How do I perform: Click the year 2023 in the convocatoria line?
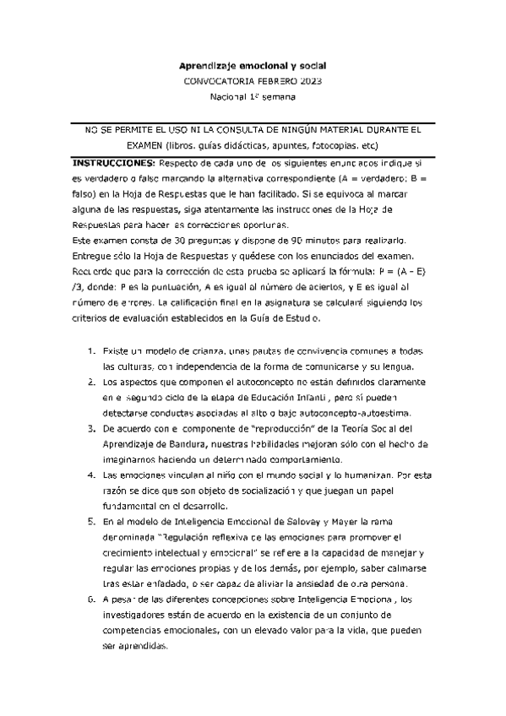pyautogui.click(x=307, y=81)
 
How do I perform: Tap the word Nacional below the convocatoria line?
pyautogui.click(x=226, y=97)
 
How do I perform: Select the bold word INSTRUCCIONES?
pyautogui.click(x=115, y=161)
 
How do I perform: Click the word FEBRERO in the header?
pyautogui.click(x=269, y=81)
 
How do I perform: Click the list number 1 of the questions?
pyautogui.click(x=91, y=350)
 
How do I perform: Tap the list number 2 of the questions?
pyautogui.click(x=91, y=382)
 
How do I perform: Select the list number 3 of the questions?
pyautogui.click(x=91, y=429)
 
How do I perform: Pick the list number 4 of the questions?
pyautogui.click(x=91, y=476)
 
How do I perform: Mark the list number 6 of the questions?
pyautogui.click(x=91, y=599)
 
